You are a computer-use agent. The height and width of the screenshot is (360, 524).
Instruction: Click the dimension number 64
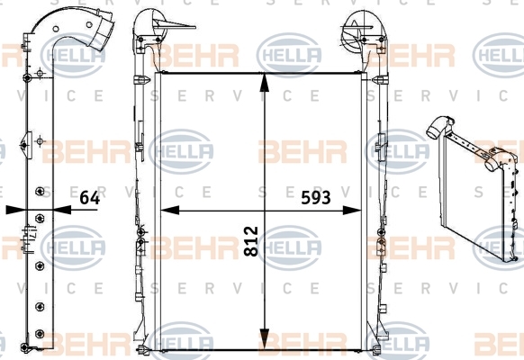89,198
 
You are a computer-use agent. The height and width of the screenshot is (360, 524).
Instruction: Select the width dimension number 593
316,198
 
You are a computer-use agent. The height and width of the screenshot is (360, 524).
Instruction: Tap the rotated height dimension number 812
251,241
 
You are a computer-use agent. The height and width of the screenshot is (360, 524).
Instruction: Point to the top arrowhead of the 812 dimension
265,82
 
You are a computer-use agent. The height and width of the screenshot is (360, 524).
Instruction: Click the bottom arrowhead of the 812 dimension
265,340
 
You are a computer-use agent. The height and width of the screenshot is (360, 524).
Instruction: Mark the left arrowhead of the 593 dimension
170,211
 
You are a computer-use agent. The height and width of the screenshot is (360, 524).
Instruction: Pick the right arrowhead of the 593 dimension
352,211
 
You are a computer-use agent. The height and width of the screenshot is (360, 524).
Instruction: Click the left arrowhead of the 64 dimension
16,210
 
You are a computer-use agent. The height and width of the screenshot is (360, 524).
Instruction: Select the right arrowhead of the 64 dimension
62,210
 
